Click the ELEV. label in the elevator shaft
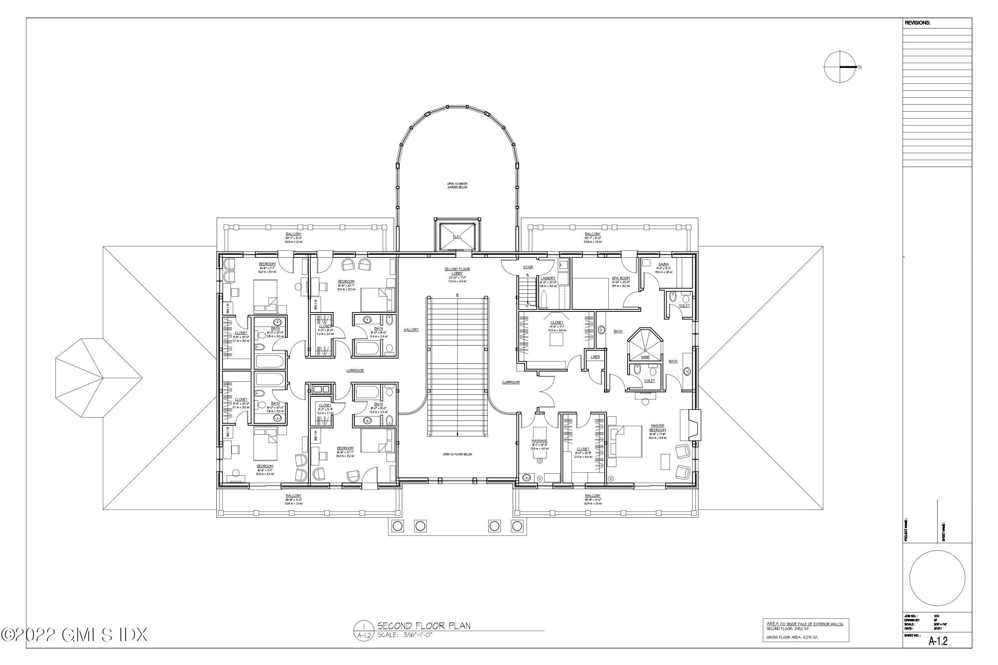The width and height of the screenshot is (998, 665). (457, 237)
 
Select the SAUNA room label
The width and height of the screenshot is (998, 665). (664, 264)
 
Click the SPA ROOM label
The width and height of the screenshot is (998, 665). (620, 278)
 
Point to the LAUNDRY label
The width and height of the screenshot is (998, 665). (548, 278)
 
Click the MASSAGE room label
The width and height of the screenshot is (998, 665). (539, 441)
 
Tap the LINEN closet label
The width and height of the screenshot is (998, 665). (595, 357)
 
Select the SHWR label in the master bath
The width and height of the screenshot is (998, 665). (645, 357)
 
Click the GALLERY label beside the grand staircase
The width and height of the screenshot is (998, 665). (411, 329)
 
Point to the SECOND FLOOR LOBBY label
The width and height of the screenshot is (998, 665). (457, 271)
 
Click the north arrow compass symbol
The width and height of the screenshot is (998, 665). (840, 67)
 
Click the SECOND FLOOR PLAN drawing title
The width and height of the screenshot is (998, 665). (424, 626)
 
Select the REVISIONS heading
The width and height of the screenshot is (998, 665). (918, 23)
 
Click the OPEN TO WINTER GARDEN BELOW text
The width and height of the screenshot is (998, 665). (457, 185)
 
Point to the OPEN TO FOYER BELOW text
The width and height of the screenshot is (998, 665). (457, 454)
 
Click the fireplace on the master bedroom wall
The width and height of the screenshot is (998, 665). (690, 424)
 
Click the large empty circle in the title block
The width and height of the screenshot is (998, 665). (937, 578)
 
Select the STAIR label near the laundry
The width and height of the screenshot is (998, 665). (528, 267)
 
